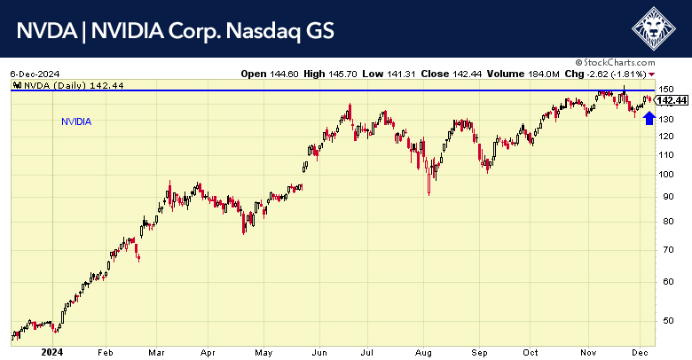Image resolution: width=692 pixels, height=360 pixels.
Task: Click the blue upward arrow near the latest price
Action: (649, 117)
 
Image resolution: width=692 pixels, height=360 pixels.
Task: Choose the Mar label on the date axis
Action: (157, 352)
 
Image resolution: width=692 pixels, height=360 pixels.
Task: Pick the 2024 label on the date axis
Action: (25, 352)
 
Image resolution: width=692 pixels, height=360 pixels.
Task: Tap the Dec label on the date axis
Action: (637, 352)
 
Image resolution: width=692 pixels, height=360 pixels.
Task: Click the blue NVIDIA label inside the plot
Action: (76, 121)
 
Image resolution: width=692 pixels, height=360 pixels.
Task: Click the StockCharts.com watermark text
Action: (632, 63)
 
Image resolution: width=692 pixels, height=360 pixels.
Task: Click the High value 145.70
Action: (342, 73)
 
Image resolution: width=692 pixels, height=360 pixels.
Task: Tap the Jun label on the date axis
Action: (317, 352)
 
